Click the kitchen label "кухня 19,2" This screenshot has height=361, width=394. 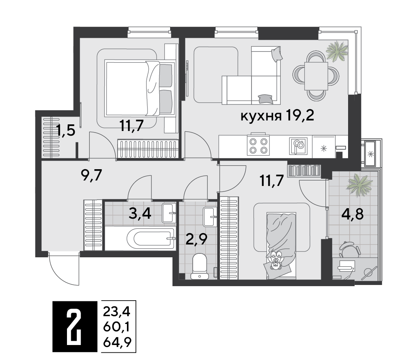pyautogui.click(x=277, y=116)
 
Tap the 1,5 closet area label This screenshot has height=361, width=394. pyautogui.click(x=66, y=131)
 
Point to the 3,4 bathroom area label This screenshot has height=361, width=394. pyautogui.click(x=139, y=214)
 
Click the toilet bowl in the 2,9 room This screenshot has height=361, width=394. pyautogui.click(x=199, y=266)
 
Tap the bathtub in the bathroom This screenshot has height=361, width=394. pyautogui.click(x=139, y=238)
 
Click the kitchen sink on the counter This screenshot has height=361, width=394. pyautogui.click(x=298, y=146)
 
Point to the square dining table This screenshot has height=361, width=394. pyautogui.click(x=316, y=76)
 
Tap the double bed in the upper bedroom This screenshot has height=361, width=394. pyautogui.click(x=140, y=88)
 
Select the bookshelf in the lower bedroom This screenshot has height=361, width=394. pyautogui.click(x=304, y=170)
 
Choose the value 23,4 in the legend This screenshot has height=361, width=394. pyautogui.click(x=116, y=312)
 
